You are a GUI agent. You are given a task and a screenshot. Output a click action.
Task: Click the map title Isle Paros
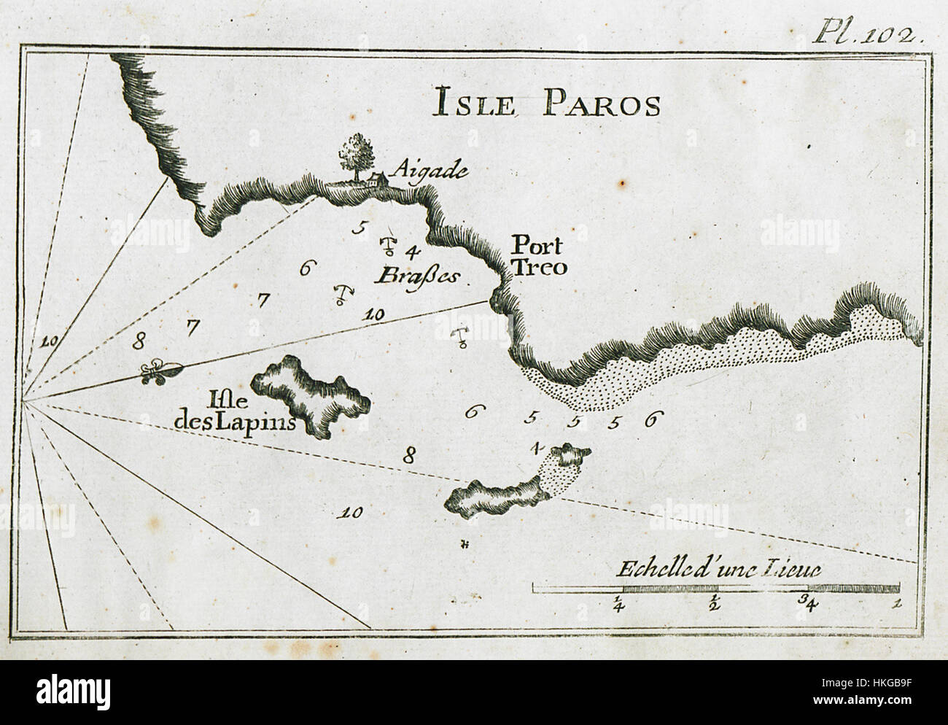pos(546,104)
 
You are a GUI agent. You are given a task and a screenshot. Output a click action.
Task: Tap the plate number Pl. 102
pos(869,34)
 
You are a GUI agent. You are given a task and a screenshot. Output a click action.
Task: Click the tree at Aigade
pos(357,154)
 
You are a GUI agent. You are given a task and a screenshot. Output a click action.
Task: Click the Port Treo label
pos(538,256)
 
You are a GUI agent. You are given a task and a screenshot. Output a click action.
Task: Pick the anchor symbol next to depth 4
pos(389,246)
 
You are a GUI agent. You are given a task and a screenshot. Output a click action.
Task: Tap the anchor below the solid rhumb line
pos(461,338)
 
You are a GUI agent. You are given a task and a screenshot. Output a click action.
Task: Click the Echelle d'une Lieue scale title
pos(718,569)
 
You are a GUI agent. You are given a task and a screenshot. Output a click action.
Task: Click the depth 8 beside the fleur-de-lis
pos(140,339)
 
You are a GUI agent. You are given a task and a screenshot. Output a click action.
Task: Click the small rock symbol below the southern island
pos(464,544)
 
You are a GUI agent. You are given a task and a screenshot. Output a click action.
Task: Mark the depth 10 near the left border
pos(50,340)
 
